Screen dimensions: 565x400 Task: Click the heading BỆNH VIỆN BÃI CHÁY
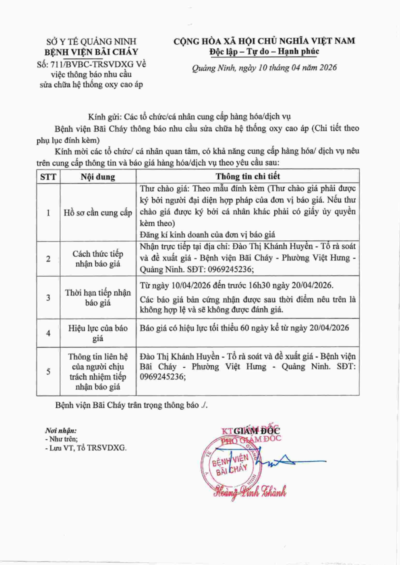pos(91,51)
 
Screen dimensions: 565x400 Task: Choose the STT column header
pos(48,176)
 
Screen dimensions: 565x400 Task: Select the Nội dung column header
pos(98,176)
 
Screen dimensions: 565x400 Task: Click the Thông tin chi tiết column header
pos(248,176)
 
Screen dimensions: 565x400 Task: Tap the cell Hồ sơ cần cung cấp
pos(98,212)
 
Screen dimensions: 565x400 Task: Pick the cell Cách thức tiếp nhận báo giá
pos(98,258)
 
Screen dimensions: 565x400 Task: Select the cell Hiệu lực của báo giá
pos(98,333)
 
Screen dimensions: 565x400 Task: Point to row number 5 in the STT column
pos(48,371)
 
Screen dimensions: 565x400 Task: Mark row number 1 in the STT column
pos(48,212)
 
